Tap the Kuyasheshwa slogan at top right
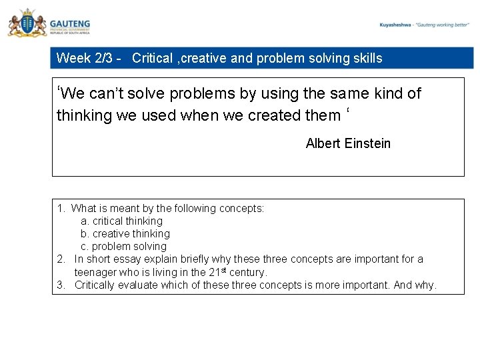click(x=425, y=25)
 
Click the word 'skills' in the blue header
click(x=367, y=58)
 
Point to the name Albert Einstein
click(x=348, y=143)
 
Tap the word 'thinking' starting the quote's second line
click(x=84, y=116)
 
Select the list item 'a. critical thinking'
click(x=121, y=221)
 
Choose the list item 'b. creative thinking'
click(x=125, y=233)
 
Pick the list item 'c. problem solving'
click(x=123, y=246)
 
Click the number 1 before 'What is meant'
click(x=60, y=208)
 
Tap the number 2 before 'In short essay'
click(x=60, y=259)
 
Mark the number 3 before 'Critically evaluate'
click(x=60, y=285)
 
